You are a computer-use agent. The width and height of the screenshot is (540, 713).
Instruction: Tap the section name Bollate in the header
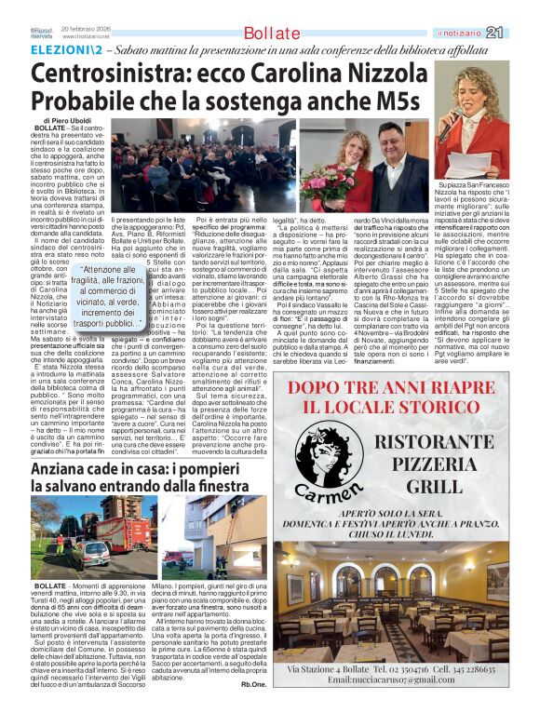click(x=270, y=34)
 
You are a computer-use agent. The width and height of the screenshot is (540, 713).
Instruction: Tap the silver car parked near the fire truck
click(x=92, y=557)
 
